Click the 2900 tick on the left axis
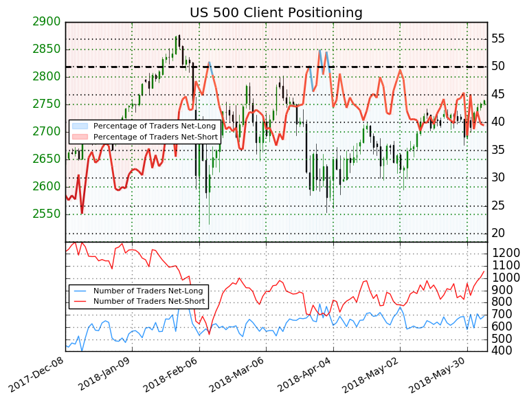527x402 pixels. pyautogui.click(x=46, y=22)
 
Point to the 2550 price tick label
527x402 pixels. pyautogui.click(x=46, y=214)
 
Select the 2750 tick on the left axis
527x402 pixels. pyautogui.click(x=46, y=104)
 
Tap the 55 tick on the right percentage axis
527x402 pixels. pyautogui.click(x=499, y=38)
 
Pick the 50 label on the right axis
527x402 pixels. pyautogui.click(x=499, y=67)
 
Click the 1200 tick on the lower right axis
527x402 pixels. pyautogui.click(x=506, y=254)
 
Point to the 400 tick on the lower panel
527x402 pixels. pyautogui.click(x=502, y=351)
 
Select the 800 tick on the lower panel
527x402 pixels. pyautogui.click(x=502, y=302)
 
